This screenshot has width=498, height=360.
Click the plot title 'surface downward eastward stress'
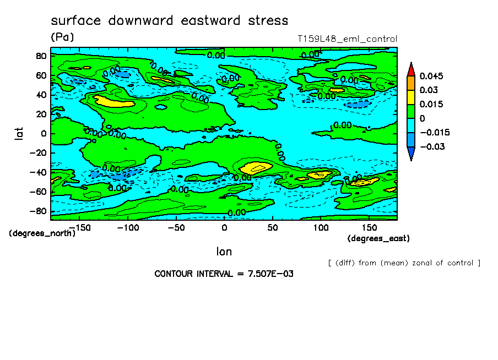pos(169,21)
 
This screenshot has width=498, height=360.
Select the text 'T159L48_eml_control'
pos(347,39)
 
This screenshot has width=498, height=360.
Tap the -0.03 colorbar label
pos(432,146)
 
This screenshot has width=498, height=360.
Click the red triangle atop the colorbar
pos(410,69)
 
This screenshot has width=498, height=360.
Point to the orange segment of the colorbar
pos(410,83)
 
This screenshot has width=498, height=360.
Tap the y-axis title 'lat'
pos(19,133)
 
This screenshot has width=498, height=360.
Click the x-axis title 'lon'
pos(224,252)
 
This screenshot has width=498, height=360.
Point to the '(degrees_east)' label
pos(378,238)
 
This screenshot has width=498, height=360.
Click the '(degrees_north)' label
pos(42,233)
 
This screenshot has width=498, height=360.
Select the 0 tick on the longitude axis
pos(224,227)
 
